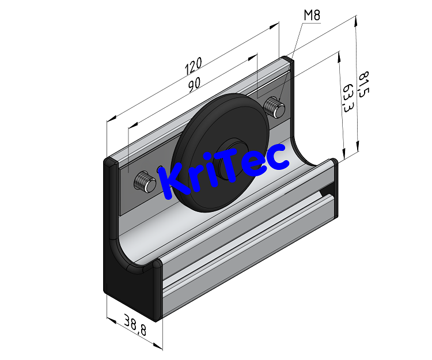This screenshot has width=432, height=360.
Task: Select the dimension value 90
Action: coord(194,84)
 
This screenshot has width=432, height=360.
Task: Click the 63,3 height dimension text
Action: coord(347,99)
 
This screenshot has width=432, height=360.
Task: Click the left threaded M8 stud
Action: coord(145,183)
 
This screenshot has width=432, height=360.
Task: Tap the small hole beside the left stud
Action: coord(160,170)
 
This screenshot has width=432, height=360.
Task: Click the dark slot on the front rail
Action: coord(327,190)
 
